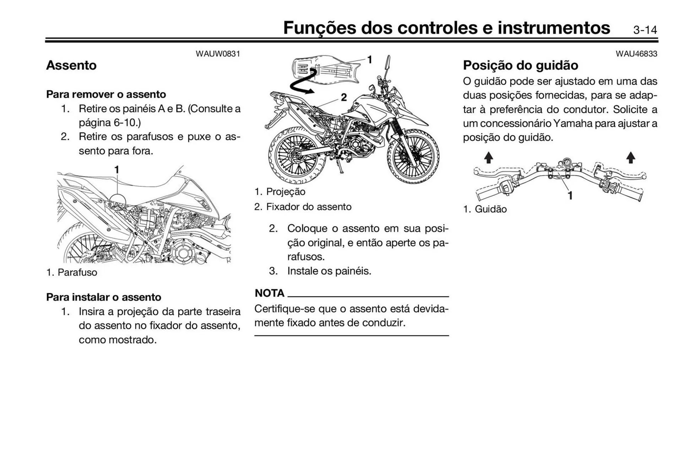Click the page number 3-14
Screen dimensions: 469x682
(x=645, y=30)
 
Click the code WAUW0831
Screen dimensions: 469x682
(x=218, y=54)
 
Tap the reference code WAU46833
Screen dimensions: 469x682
(x=636, y=54)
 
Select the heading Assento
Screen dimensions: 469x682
(x=71, y=65)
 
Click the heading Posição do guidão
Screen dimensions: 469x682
(x=520, y=65)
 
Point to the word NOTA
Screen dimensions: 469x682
(x=270, y=293)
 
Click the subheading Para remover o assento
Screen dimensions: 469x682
(x=106, y=94)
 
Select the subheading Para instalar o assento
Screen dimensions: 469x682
(x=103, y=297)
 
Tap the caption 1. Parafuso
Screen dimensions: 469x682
(x=72, y=273)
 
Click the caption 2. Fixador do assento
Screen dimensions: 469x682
(x=303, y=207)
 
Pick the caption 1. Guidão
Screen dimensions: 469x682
(x=485, y=209)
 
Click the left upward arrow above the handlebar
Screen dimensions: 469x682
(x=488, y=158)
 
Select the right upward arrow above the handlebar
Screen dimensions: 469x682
(x=630, y=158)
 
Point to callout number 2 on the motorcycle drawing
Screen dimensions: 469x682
(x=343, y=97)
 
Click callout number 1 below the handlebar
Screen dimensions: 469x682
(x=570, y=195)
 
